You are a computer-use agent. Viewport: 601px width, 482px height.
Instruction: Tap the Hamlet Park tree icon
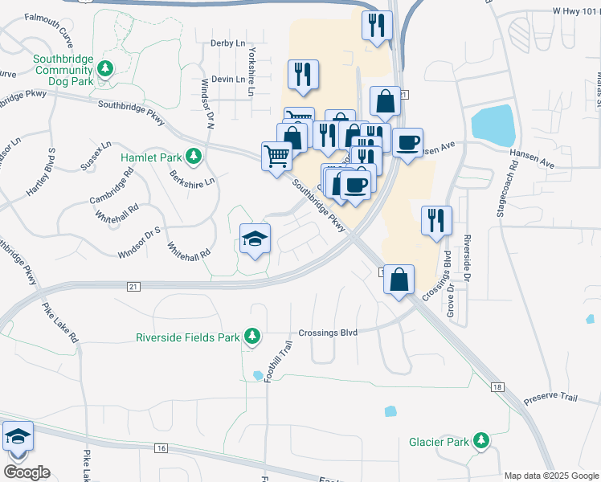pyautogui.click(x=192, y=155)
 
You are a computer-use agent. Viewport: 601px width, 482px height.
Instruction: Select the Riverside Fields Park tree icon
pyautogui.click(x=251, y=335)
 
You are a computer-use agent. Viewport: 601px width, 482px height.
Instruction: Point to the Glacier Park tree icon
pyautogui.click(x=481, y=439)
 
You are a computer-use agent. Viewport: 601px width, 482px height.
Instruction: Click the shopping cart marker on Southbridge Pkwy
pyautogui.click(x=276, y=155)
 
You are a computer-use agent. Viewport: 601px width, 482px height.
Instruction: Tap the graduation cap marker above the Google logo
pyautogui.click(x=18, y=436)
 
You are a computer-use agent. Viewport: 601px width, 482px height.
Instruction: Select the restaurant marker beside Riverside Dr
pyautogui.click(x=436, y=220)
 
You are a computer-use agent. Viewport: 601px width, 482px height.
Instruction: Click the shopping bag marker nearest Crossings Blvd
pyautogui.click(x=399, y=280)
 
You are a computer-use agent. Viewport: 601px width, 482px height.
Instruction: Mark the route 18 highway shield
pyautogui.click(x=498, y=387)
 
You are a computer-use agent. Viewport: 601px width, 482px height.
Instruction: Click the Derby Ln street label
pyautogui.click(x=227, y=43)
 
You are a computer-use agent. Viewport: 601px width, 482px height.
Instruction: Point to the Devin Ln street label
pyautogui.click(x=228, y=79)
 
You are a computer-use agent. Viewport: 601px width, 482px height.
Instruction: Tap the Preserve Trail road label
pyautogui.click(x=551, y=398)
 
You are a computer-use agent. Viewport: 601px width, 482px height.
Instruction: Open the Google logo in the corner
pyautogui.click(x=27, y=472)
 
